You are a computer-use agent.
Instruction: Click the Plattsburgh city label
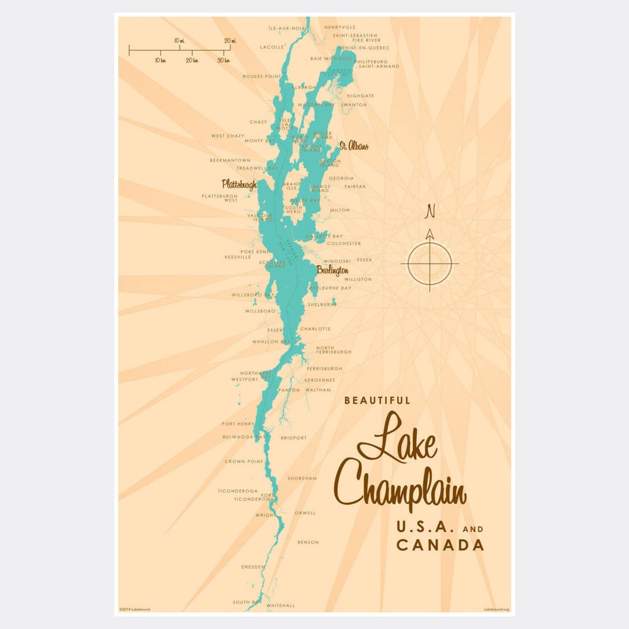click(239, 185)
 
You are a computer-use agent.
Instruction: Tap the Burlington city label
click(333, 271)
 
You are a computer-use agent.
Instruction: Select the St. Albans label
click(354, 146)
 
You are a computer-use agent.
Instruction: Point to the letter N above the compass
click(430, 211)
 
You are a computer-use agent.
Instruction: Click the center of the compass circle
click(430, 264)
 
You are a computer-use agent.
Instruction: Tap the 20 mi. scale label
click(229, 41)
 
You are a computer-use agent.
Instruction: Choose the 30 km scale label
click(224, 60)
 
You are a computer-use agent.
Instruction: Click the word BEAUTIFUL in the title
click(377, 401)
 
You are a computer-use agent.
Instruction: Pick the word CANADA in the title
click(440, 545)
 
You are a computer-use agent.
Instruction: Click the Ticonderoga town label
click(238, 491)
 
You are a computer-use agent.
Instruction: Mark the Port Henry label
click(238, 424)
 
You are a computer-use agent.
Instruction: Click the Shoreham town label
click(302, 479)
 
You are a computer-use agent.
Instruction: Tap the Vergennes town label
click(320, 380)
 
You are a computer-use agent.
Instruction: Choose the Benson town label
click(308, 542)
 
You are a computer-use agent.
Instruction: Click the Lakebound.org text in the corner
click(496, 609)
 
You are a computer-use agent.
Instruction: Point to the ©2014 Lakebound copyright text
click(135, 609)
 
